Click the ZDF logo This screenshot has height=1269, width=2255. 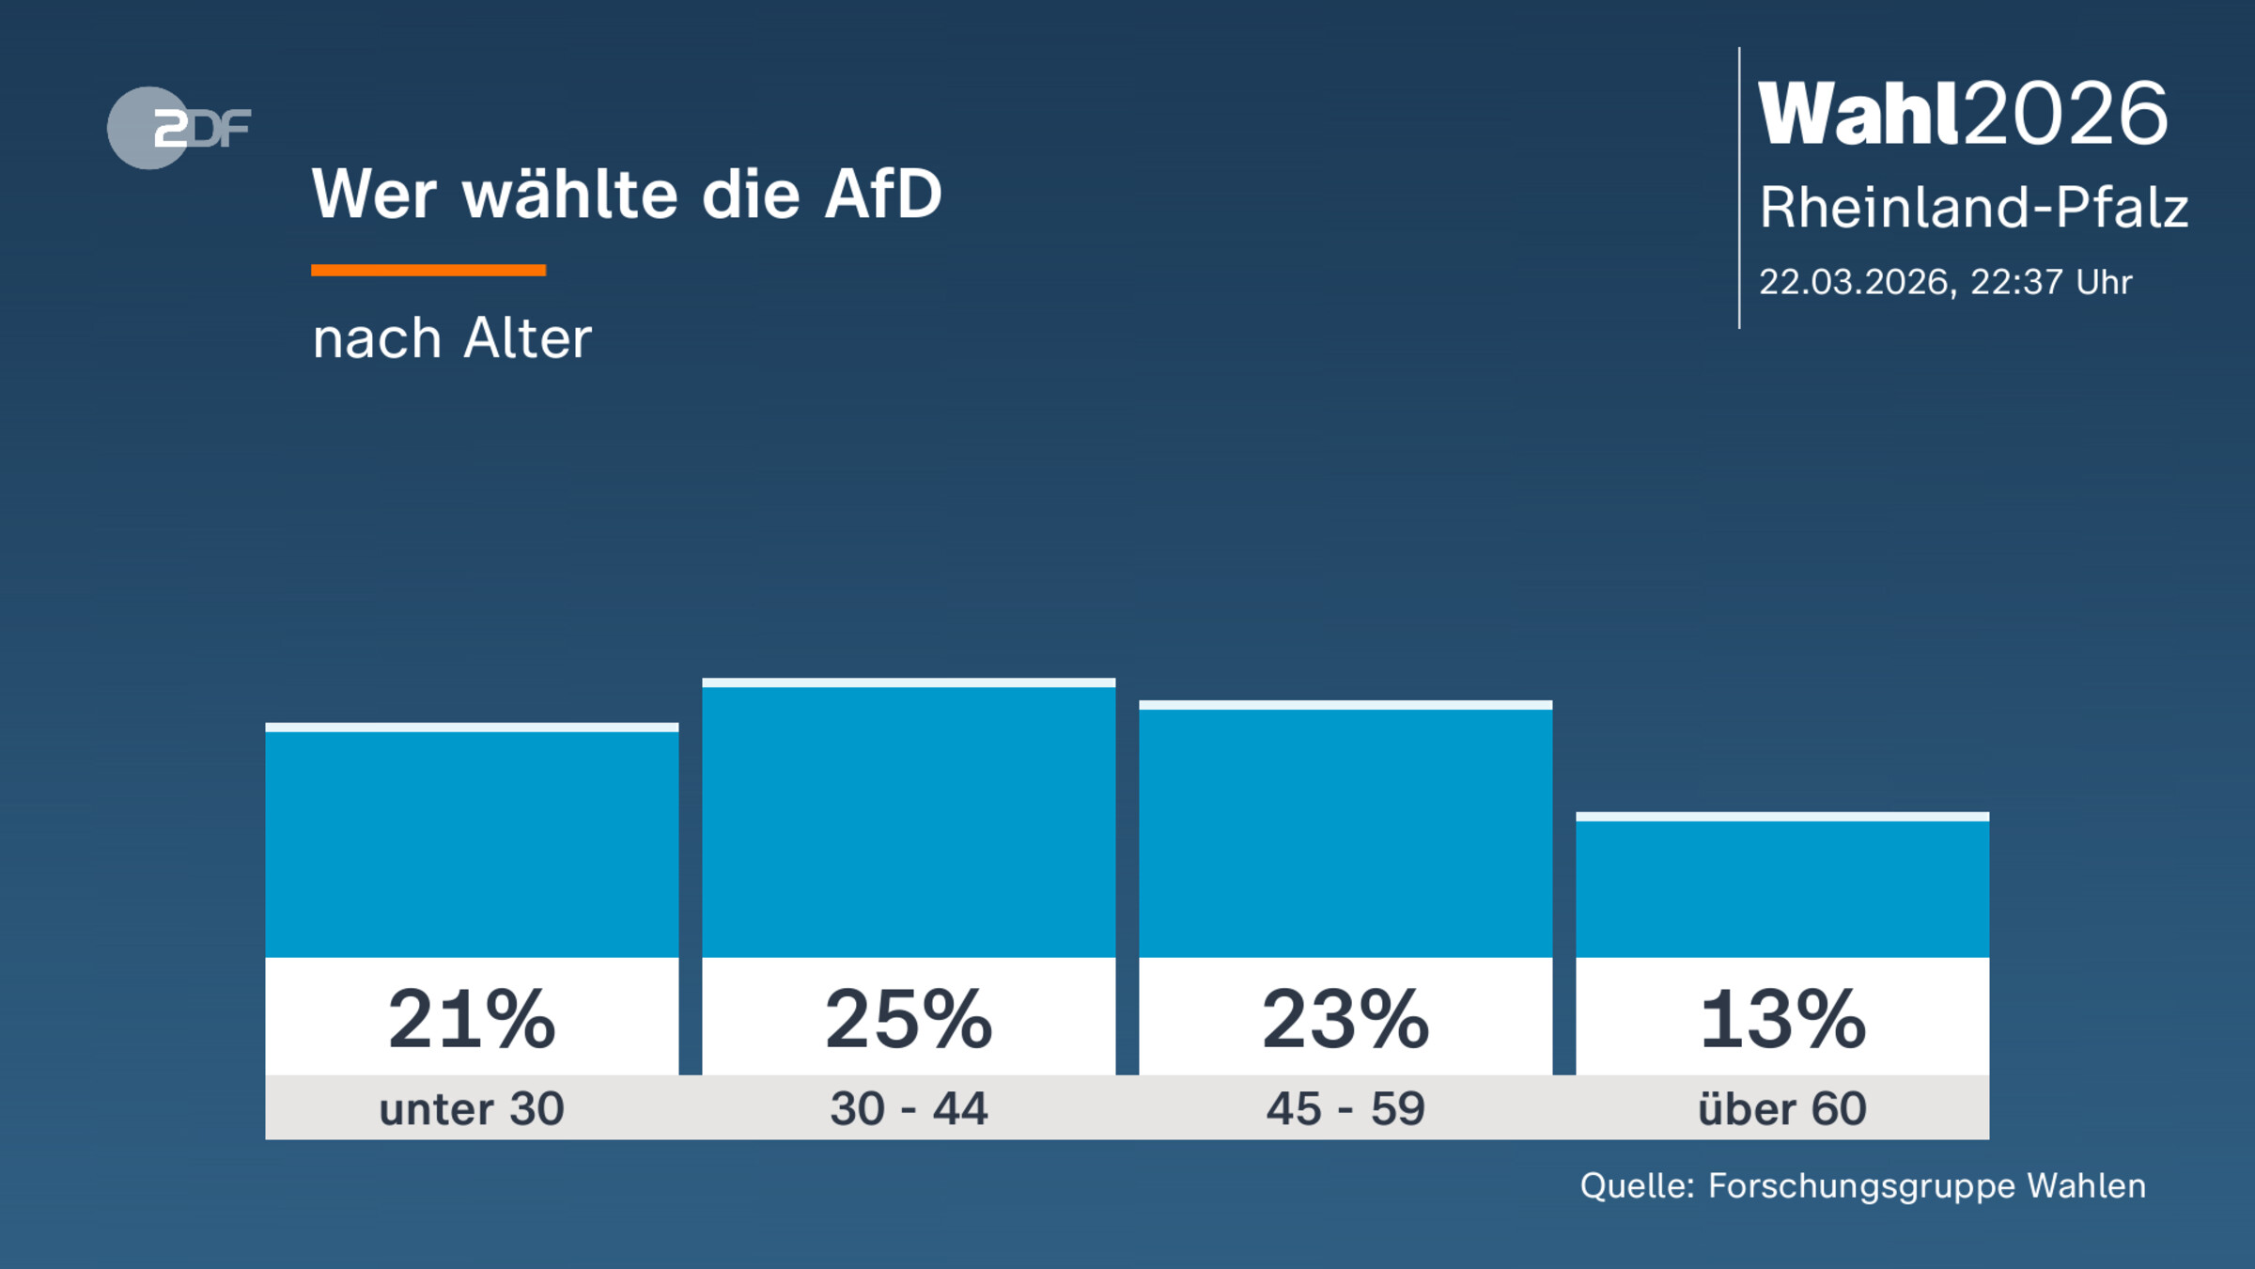[179, 128]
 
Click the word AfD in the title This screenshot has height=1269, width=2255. [882, 195]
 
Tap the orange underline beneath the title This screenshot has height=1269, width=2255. [428, 271]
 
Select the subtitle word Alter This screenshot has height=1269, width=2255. [527, 338]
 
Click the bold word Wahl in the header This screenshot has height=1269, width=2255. [1858, 114]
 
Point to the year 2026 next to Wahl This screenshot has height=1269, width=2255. [2065, 114]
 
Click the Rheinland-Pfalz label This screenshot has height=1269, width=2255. [1973, 207]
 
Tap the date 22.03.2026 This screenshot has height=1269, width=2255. [1853, 282]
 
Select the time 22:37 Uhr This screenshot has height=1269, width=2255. [2050, 282]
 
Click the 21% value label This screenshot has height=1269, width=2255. [472, 1019]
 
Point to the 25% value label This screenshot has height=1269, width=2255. [909, 1019]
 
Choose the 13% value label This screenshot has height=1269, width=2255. [1782, 1019]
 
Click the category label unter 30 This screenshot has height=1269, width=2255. [472, 1108]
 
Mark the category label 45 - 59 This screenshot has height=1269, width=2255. [1345, 1108]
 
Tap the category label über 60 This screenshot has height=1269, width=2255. [1782, 1108]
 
